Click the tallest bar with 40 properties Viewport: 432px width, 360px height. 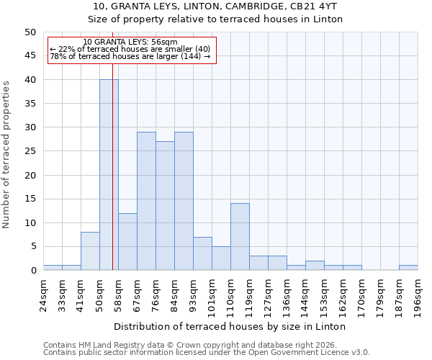[x=109, y=175]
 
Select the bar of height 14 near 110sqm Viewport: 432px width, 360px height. [x=240, y=237]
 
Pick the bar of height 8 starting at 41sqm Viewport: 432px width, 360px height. [x=90, y=251]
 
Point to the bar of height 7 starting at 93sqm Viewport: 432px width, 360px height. [x=202, y=253]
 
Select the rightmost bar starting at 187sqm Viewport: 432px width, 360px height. [x=408, y=268]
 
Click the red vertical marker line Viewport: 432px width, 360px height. [x=113, y=180]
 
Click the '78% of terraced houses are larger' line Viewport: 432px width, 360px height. [x=130, y=57]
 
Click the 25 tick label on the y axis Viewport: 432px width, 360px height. [x=30, y=151]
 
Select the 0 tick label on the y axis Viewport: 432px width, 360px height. [x=32, y=271]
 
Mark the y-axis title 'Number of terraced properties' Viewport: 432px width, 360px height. [x=6, y=154]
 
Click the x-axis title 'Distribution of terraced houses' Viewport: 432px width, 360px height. [x=230, y=327]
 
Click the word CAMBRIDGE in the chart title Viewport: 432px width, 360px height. [x=256, y=6]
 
